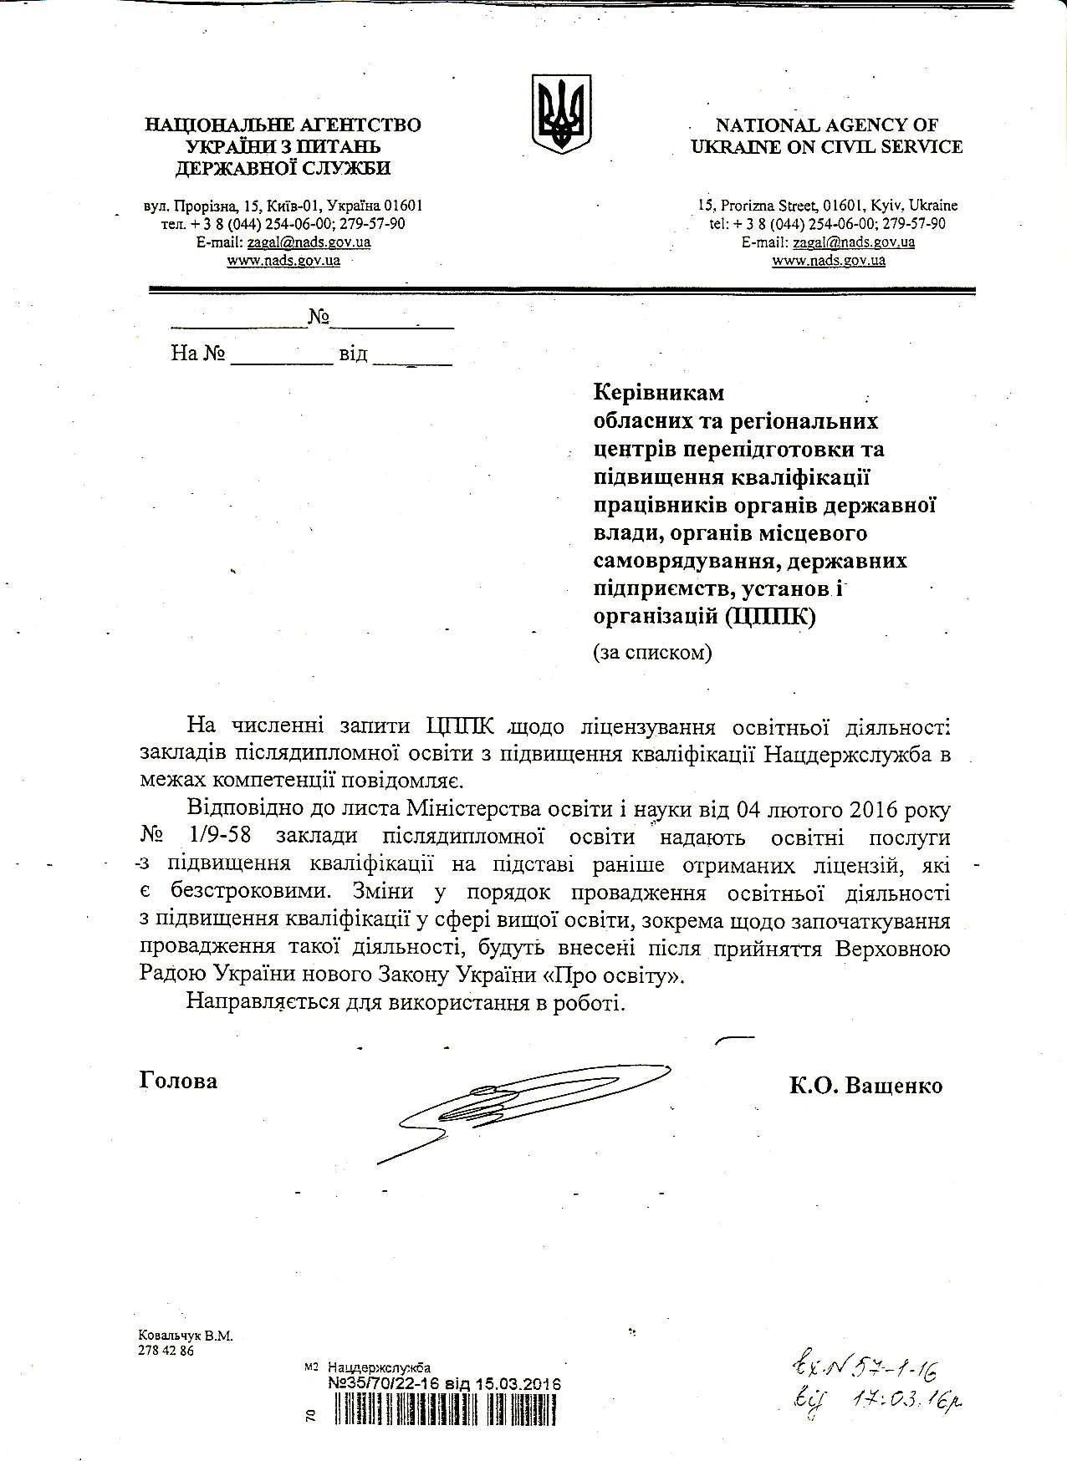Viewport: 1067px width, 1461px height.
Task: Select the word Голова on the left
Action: click(x=178, y=1081)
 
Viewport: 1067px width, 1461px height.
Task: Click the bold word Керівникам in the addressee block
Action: click(x=659, y=392)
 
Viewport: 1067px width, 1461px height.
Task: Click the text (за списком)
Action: click(x=652, y=653)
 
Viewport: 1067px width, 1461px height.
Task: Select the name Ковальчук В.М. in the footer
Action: click(x=185, y=1336)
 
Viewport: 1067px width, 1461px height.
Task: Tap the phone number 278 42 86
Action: click(x=166, y=1351)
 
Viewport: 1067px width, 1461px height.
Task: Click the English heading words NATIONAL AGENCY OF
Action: click(x=826, y=125)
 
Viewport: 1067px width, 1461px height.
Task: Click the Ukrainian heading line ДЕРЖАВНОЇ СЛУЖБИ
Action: click(x=283, y=168)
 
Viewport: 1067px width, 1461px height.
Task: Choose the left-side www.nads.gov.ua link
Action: click(x=283, y=260)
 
